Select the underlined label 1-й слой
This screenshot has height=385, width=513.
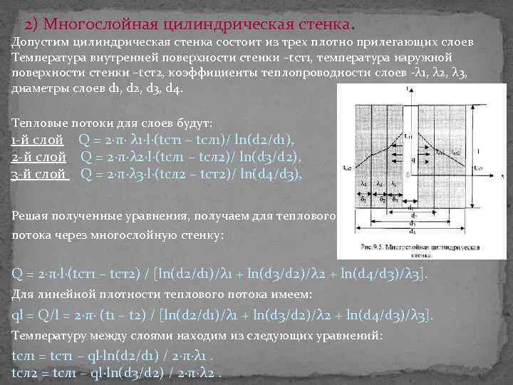click(39, 140)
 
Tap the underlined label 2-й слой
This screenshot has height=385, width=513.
click(39, 157)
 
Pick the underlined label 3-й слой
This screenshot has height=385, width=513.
click(40, 173)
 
